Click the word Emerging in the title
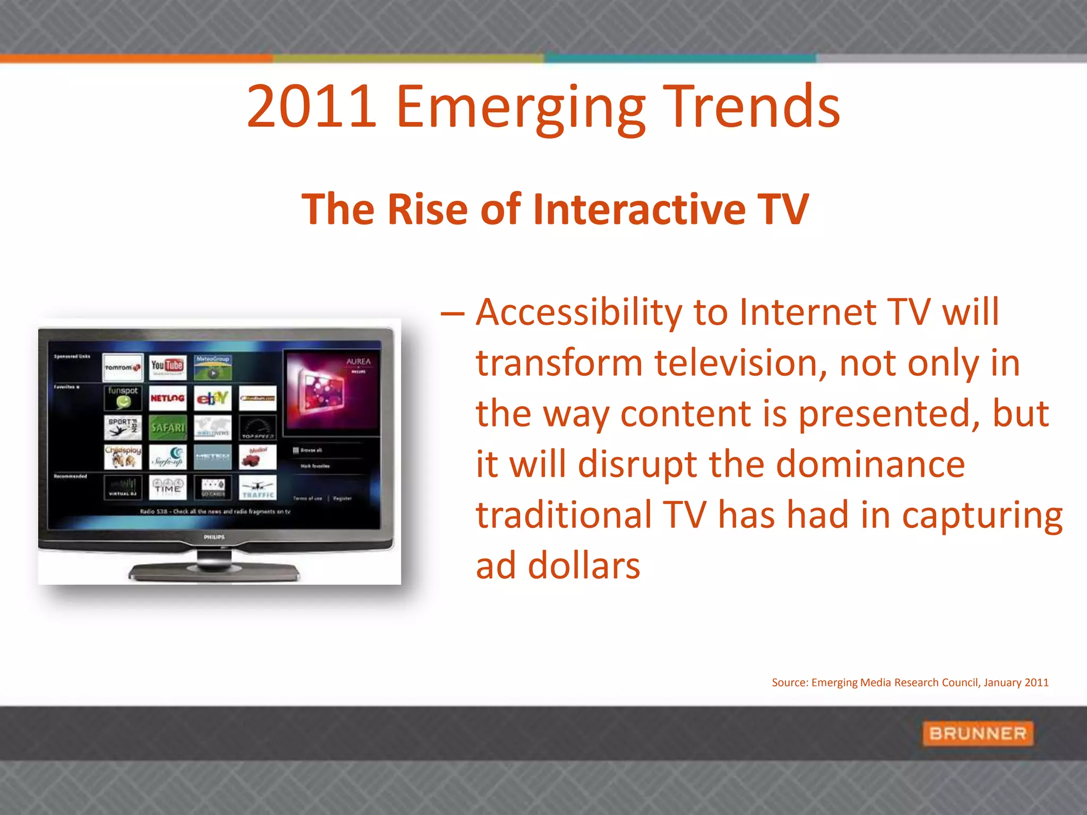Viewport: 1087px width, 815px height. click(x=521, y=107)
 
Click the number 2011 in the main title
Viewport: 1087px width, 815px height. click(x=312, y=107)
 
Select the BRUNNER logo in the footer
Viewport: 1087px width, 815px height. click(x=977, y=733)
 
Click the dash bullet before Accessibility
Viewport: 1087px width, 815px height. click(x=452, y=313)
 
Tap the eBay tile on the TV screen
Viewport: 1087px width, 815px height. click(x=212, y=398)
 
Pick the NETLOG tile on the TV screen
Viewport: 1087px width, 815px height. click(x=167, y=398)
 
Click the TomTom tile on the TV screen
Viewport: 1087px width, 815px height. click(x=123, y=367)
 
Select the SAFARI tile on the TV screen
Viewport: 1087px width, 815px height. click(x=167, y=428)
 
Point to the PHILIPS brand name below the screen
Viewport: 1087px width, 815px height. click(x=214, y=537)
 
